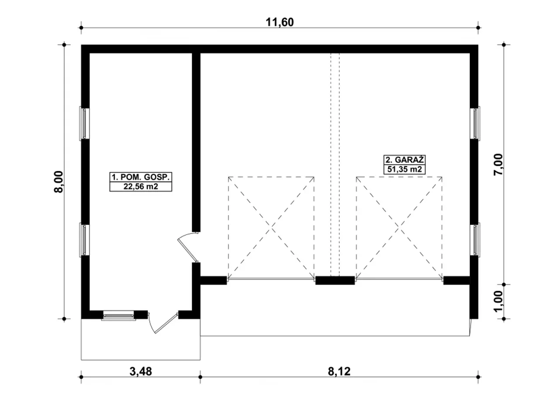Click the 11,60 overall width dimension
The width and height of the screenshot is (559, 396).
[x=279, y=22]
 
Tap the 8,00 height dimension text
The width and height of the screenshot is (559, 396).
[x=59, y=182]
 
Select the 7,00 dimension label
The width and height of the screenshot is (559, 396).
[x=498, y=165]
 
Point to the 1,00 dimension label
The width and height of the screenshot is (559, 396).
[x=498, y=301]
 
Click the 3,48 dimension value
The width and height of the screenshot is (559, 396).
[x=141, y=371]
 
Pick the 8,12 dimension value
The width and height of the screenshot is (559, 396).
[x=339, y=371]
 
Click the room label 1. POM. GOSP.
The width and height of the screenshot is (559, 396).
[x=141, y=177]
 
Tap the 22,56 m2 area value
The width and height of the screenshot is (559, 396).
[x=141, y=186]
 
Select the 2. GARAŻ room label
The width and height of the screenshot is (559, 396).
[x=404, y=160]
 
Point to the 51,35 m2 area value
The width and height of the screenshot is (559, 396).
[x=404, y=169]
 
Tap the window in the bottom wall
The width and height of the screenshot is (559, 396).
[x=118, y=315]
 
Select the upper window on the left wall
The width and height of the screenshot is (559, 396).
[x=84, y=123]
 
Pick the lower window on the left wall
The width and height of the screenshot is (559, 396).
[x=84, y=239]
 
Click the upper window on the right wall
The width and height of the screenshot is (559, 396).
[x=475, y=123]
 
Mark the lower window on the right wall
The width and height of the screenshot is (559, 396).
[x=475, y=239]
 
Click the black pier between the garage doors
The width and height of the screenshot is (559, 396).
[x=335, y=280]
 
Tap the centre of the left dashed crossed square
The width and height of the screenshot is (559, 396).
[x=271, y=228]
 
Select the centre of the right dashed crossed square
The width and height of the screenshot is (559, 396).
[x=399, y=228]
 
